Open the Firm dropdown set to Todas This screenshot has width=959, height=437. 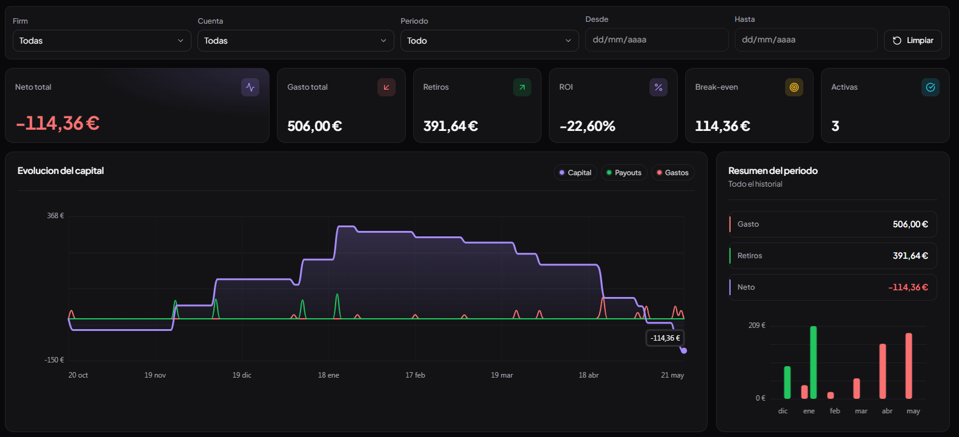pos(102,41)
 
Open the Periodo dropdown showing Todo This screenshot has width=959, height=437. pos(489,41)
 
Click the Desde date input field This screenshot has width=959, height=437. pos(657,40)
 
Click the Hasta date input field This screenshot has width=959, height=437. pos(806,40)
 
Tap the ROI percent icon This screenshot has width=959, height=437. pos(659,87)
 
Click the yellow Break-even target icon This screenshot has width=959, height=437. pos(794,87)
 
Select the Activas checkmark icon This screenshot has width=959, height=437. pos(931,87)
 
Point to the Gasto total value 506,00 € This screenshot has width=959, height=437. pos(314,126)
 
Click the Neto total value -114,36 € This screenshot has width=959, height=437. pos(58,124)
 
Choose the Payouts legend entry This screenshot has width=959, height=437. pos(624,173)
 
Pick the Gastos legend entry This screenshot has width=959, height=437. pos(672,173)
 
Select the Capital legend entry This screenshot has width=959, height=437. pos(576,173)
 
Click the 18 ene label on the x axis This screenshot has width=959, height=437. pos(328,375)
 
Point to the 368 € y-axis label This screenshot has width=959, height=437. pos(55,216)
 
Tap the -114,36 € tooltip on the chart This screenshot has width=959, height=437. pos(665,338)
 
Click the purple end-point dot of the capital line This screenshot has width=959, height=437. pos(684,350)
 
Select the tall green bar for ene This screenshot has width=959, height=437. pos(814,362)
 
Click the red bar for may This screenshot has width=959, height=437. pos(909,366)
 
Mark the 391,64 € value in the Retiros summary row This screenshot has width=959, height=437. pos(910,256)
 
